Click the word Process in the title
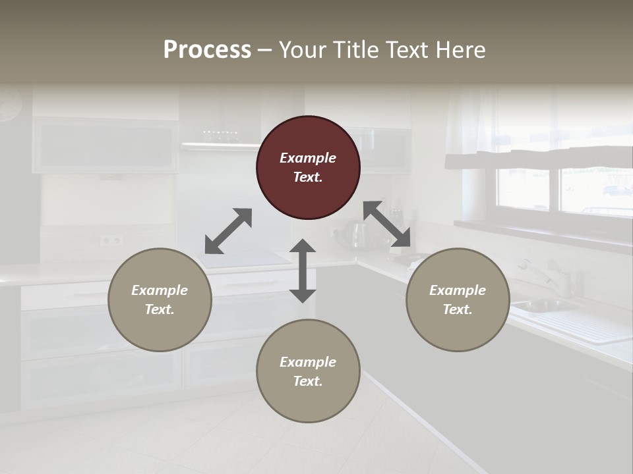tap(207, 50)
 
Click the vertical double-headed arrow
tap(303, 271)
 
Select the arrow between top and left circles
tap(228, 231)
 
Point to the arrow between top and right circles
tap(387, 224)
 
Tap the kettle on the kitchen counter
tap(358, 235)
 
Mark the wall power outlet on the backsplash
tap(111, 240)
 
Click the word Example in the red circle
tap(308, 158)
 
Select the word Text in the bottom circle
tap(308, 381)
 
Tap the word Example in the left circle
tap(160, 290)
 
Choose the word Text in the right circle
tap(458, 309)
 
